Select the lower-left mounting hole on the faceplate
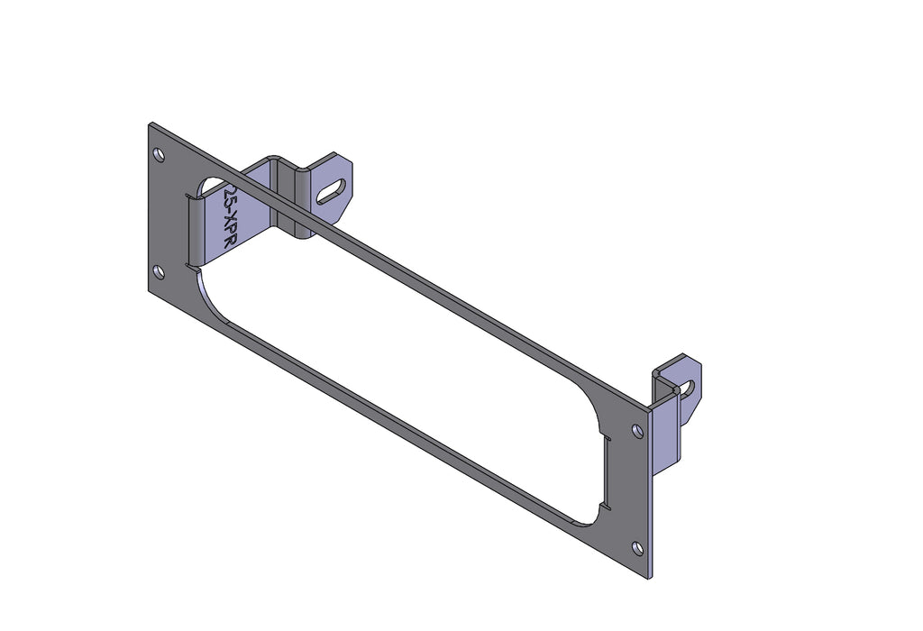[x=160, y=271]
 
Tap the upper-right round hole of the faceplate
[x=638, y=432]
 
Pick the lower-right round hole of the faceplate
[x=638, y=547]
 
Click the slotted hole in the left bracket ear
[x=333, y=190]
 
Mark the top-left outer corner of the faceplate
[x=150, y=124]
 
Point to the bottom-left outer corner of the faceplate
[x=150, y=292]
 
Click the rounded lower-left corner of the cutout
[x=206, y=287]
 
